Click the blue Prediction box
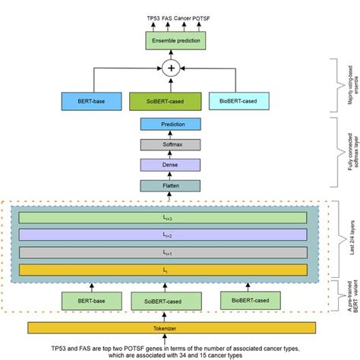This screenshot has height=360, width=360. [x=170, y=125]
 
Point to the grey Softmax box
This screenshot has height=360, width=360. [x=170, y=144]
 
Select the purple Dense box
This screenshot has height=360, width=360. [x=170, y=164]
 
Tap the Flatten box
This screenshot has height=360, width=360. [x=170, y=185]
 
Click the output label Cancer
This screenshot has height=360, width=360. [x=182, y=16]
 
